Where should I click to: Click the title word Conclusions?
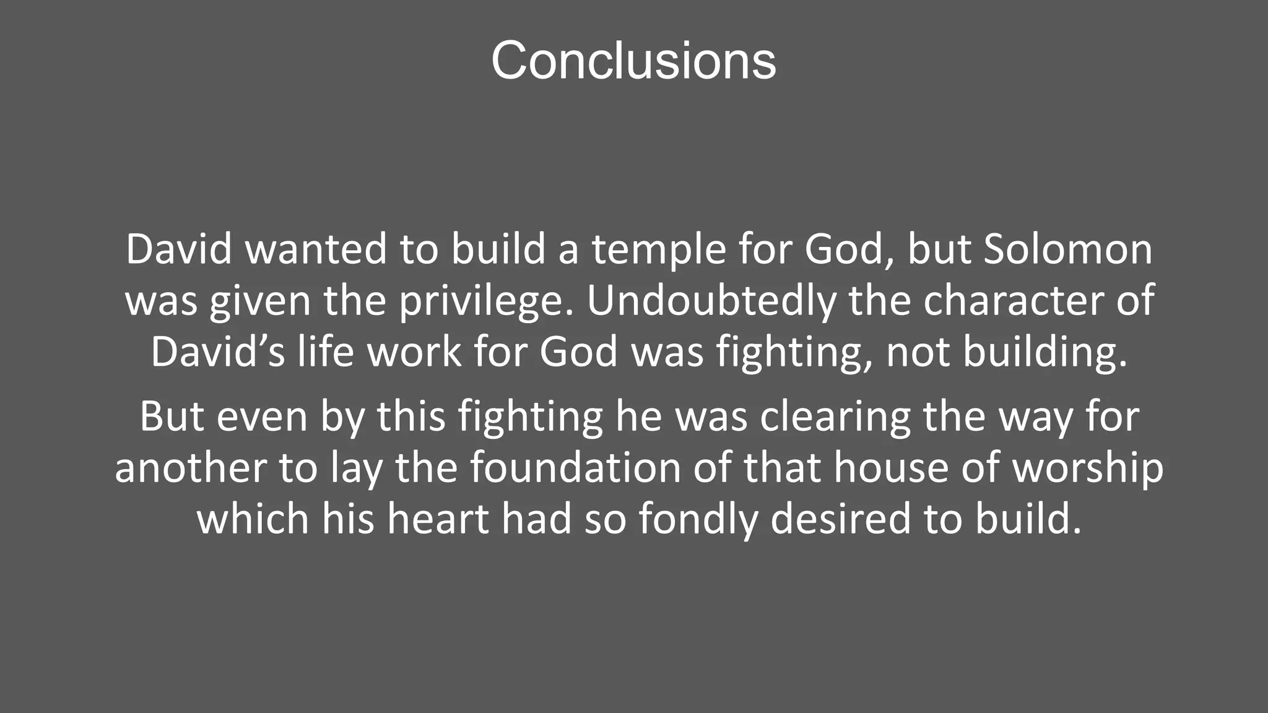(633, 61)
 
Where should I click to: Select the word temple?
(658, 249)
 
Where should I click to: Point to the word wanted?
(316, 249)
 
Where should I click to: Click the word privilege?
(485, 301)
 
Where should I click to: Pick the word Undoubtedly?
(711, 301)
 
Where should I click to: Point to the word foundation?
(575, 468)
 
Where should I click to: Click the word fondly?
(698, 519)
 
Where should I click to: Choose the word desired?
(841, 519)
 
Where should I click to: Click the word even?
(262, 417)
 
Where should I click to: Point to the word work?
(414, 352)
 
